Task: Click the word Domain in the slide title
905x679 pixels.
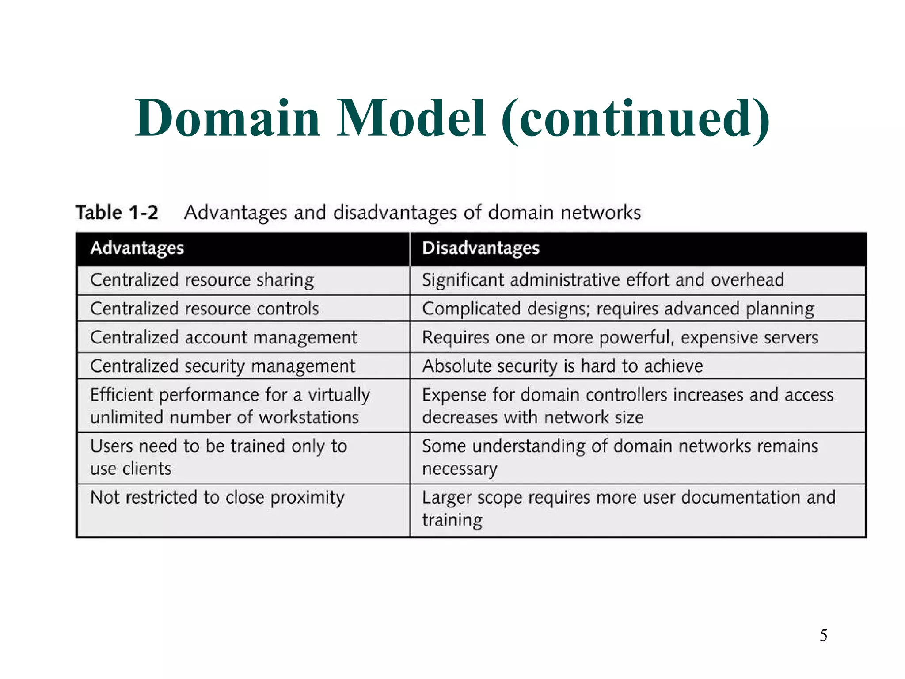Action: [227, 118]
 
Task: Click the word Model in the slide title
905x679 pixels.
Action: [411, 118]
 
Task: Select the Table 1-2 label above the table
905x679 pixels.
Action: [117, 213]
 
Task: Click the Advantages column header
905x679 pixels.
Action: [137, 248]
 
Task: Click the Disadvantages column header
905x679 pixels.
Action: [481, 248]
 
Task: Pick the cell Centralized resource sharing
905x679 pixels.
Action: [202, 280]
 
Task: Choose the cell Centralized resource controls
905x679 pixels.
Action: [204, 309]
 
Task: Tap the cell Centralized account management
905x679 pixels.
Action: [224, 337]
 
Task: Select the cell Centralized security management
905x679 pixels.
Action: [222, 366]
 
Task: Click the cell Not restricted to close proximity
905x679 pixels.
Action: [217, 498]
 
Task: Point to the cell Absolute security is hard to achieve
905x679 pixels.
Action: [562, 366]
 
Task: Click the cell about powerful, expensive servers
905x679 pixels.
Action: [620, 337]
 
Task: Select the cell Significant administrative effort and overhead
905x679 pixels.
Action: [603, 280]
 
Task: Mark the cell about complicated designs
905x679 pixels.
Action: [618, 309]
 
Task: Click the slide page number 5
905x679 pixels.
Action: [823, 635]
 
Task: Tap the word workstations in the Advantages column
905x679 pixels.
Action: [309, 417]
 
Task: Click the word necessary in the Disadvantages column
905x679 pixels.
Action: [460, 469]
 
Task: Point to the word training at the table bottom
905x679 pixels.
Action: [452, 520]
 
